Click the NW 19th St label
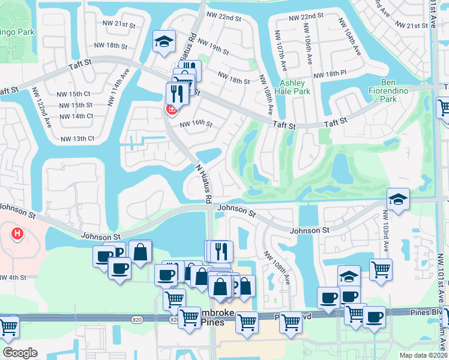click(x=213, y=48)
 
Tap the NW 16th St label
click(x=197, y=123)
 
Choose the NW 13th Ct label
click(x=77, y=139)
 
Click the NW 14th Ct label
click(x=75, y=116)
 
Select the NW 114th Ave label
click(x=118, y=86)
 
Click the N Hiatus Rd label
click(x=204, y=182)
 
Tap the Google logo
click(x=20, y=352)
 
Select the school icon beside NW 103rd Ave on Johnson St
click(x=397, y=199)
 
